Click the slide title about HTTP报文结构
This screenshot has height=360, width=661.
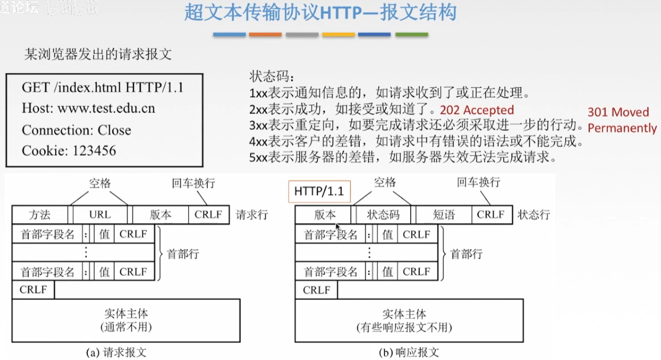pos(320,13)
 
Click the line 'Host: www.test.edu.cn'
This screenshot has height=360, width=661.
pos(89,108)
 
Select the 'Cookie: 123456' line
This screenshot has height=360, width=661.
pos(69,151)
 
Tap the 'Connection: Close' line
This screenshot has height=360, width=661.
pos(77,130)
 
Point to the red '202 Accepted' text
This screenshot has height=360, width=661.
pos(477,110)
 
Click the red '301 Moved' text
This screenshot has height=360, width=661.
pos(618,112)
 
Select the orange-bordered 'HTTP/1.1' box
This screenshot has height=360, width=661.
pos(319,191)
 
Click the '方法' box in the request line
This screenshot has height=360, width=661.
pos(40,215)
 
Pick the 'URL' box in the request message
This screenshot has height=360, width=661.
pos(100,215)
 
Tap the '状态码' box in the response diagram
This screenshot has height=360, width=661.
pos(383,215)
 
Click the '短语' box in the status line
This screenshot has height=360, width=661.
pos(444,215)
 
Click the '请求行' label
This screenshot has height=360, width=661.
pos(252,215)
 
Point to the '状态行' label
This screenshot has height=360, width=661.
pos(534,215)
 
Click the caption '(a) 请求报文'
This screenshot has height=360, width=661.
pos(116,353)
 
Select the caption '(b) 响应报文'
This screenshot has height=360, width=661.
pos(409,353)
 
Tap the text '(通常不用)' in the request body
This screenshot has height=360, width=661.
pos(126,327)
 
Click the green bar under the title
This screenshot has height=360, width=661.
pos(412,34)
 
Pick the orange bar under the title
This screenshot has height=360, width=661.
pos(265,34)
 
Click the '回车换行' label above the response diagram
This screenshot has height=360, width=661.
pos(478,182)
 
